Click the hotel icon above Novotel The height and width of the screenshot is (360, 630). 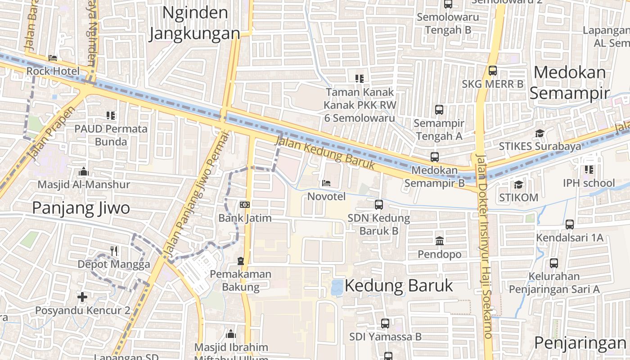tap(326, 183)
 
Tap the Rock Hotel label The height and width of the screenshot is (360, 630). tap(53, 71)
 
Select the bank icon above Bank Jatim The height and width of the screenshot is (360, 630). tap(245, 205)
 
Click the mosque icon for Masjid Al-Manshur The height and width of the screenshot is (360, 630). tap(83, 171)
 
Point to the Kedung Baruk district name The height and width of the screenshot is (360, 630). tap(399, 286)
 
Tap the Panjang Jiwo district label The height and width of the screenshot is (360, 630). tap(81, 208)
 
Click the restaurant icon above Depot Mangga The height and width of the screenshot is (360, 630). tap(114, 251)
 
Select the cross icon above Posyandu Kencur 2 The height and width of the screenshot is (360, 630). tap(82, 297)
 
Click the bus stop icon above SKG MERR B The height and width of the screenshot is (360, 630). tap(493, 71)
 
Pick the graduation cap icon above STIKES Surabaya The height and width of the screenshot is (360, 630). tap(540, 133)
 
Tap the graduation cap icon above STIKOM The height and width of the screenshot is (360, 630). tap(518, 184)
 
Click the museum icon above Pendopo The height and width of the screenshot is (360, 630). tap(440, 241)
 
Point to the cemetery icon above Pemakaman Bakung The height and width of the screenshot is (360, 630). tap(241, 261)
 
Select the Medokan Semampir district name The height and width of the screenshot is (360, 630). tap(569, 83)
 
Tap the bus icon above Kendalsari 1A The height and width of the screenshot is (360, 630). tap(570, 224)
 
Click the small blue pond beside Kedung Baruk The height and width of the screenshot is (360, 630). tap(337, 287)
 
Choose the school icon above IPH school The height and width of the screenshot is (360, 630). tap(589, 170)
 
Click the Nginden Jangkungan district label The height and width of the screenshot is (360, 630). tap(194, 23)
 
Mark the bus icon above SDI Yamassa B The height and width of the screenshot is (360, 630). tap(385, 323)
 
